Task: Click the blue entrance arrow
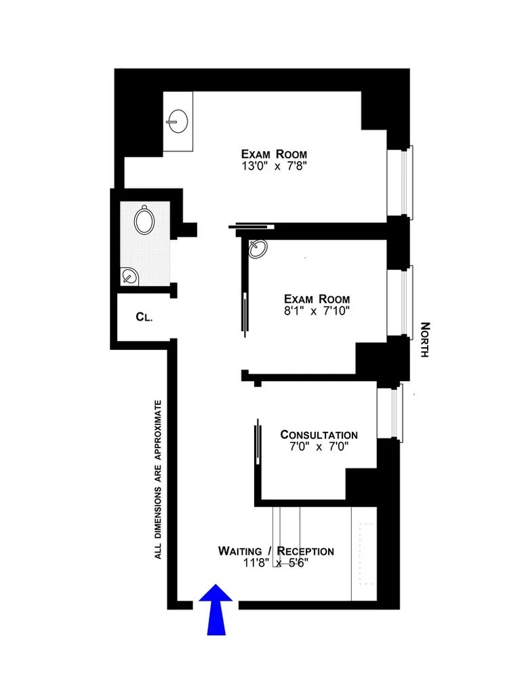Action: click(216, 609)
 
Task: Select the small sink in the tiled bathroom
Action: click(129, 276)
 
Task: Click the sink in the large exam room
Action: click(177, 122)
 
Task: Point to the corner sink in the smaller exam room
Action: click(258, 249)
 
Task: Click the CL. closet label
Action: click(143, 316)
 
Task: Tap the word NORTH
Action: click(425, 340)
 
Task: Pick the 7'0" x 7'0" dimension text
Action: click(319, 447)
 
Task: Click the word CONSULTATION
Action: click(319, 435)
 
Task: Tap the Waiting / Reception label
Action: click(276, 551)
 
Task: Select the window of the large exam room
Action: click(404, 181)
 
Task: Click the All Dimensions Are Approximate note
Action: click(159, 479)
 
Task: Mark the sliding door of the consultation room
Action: click(258, 441)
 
